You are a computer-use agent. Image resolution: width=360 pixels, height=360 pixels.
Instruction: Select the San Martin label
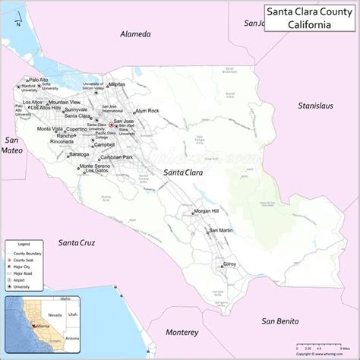222,230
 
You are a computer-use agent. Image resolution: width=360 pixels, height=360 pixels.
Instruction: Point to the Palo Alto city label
39,79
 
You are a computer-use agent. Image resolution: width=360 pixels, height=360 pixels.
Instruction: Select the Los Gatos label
96,171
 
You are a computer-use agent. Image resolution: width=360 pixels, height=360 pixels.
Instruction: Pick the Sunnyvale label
76,109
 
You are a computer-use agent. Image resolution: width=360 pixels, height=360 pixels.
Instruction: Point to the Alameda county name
136,34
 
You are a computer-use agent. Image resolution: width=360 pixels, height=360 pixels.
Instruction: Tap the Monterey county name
182,332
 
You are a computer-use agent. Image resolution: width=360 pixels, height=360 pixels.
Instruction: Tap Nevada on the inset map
54,311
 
